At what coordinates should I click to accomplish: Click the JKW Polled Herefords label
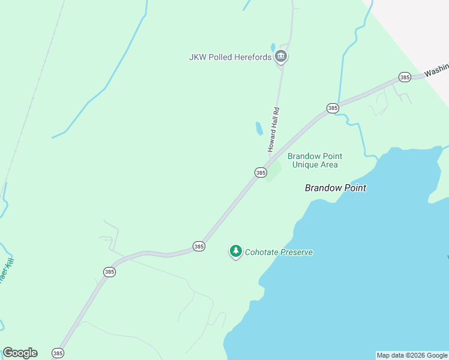click(230, 58)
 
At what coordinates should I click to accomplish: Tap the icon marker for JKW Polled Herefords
click(280, 57)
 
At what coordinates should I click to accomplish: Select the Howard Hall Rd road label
click(274, 129)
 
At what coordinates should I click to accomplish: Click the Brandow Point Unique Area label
click(315, 160)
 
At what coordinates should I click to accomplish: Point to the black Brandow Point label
click(335, 188)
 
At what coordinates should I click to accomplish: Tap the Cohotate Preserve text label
click(279, 253)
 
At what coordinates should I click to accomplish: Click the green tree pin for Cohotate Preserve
click(236, 251)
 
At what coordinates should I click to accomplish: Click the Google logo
click(20, 353)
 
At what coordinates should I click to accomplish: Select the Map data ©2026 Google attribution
click(412, 355)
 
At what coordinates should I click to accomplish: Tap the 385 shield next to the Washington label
click(405, 77)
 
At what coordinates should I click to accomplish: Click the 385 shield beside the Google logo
click(58, 353)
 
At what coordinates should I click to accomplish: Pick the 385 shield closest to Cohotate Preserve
click(199, 246)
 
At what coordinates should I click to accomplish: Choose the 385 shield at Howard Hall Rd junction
click(261, 173)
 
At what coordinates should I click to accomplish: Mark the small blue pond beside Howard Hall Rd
click(259, 128)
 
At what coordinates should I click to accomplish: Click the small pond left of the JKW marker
click(273, 47)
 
